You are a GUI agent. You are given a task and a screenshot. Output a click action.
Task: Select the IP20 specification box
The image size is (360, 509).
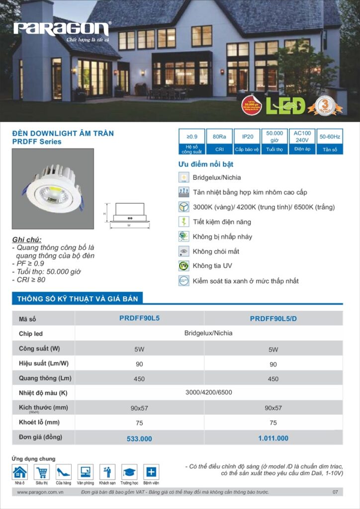[247, 141]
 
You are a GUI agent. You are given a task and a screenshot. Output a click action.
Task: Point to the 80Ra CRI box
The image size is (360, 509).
[219, 141]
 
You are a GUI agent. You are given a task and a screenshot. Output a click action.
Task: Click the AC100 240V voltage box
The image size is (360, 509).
[302, 141]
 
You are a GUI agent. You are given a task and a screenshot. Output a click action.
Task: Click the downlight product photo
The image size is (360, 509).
[53, 188]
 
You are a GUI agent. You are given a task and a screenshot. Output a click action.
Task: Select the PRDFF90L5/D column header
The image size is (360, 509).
[273, 319]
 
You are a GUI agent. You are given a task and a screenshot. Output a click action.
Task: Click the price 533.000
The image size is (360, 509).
[139, 438]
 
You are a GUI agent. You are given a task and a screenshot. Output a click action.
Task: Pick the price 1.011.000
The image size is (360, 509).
[273, 438]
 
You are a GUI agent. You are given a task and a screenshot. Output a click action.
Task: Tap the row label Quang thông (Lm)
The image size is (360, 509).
[45, 378]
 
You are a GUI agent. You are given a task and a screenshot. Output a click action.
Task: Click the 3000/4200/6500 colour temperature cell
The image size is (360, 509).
[209, 393]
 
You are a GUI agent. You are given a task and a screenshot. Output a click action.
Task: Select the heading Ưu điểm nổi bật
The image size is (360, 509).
[206, 164]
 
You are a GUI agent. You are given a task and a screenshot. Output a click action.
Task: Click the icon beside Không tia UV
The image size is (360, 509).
[183, 266]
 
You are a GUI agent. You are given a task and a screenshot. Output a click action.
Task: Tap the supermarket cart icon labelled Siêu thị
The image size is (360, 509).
[42, 472]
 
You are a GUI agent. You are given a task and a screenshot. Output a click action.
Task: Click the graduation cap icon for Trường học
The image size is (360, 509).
[129, 472]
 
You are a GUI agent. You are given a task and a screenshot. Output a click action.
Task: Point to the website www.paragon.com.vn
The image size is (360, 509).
[40, 492]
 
